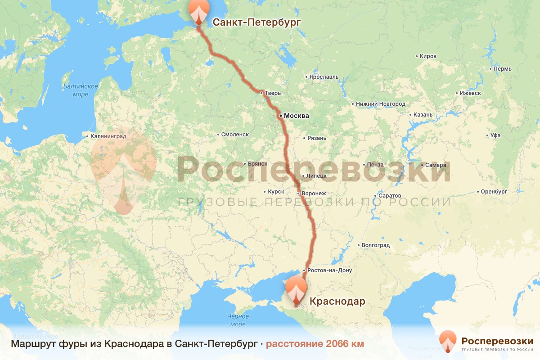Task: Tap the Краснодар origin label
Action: (x=337, y=301)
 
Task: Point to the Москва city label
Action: (x=296, y=116)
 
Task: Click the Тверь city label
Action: (x=273, y=93)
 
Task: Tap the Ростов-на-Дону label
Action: (x=327, y=270)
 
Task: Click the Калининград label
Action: (x=108, y=135)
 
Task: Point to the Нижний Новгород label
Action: (x=380, y=104)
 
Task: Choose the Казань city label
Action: (x=423, y=115)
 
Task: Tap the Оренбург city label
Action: (x=494, y=192)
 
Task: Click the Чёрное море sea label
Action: (x=238, y=320)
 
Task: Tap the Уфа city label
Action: (x=495, y=135)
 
